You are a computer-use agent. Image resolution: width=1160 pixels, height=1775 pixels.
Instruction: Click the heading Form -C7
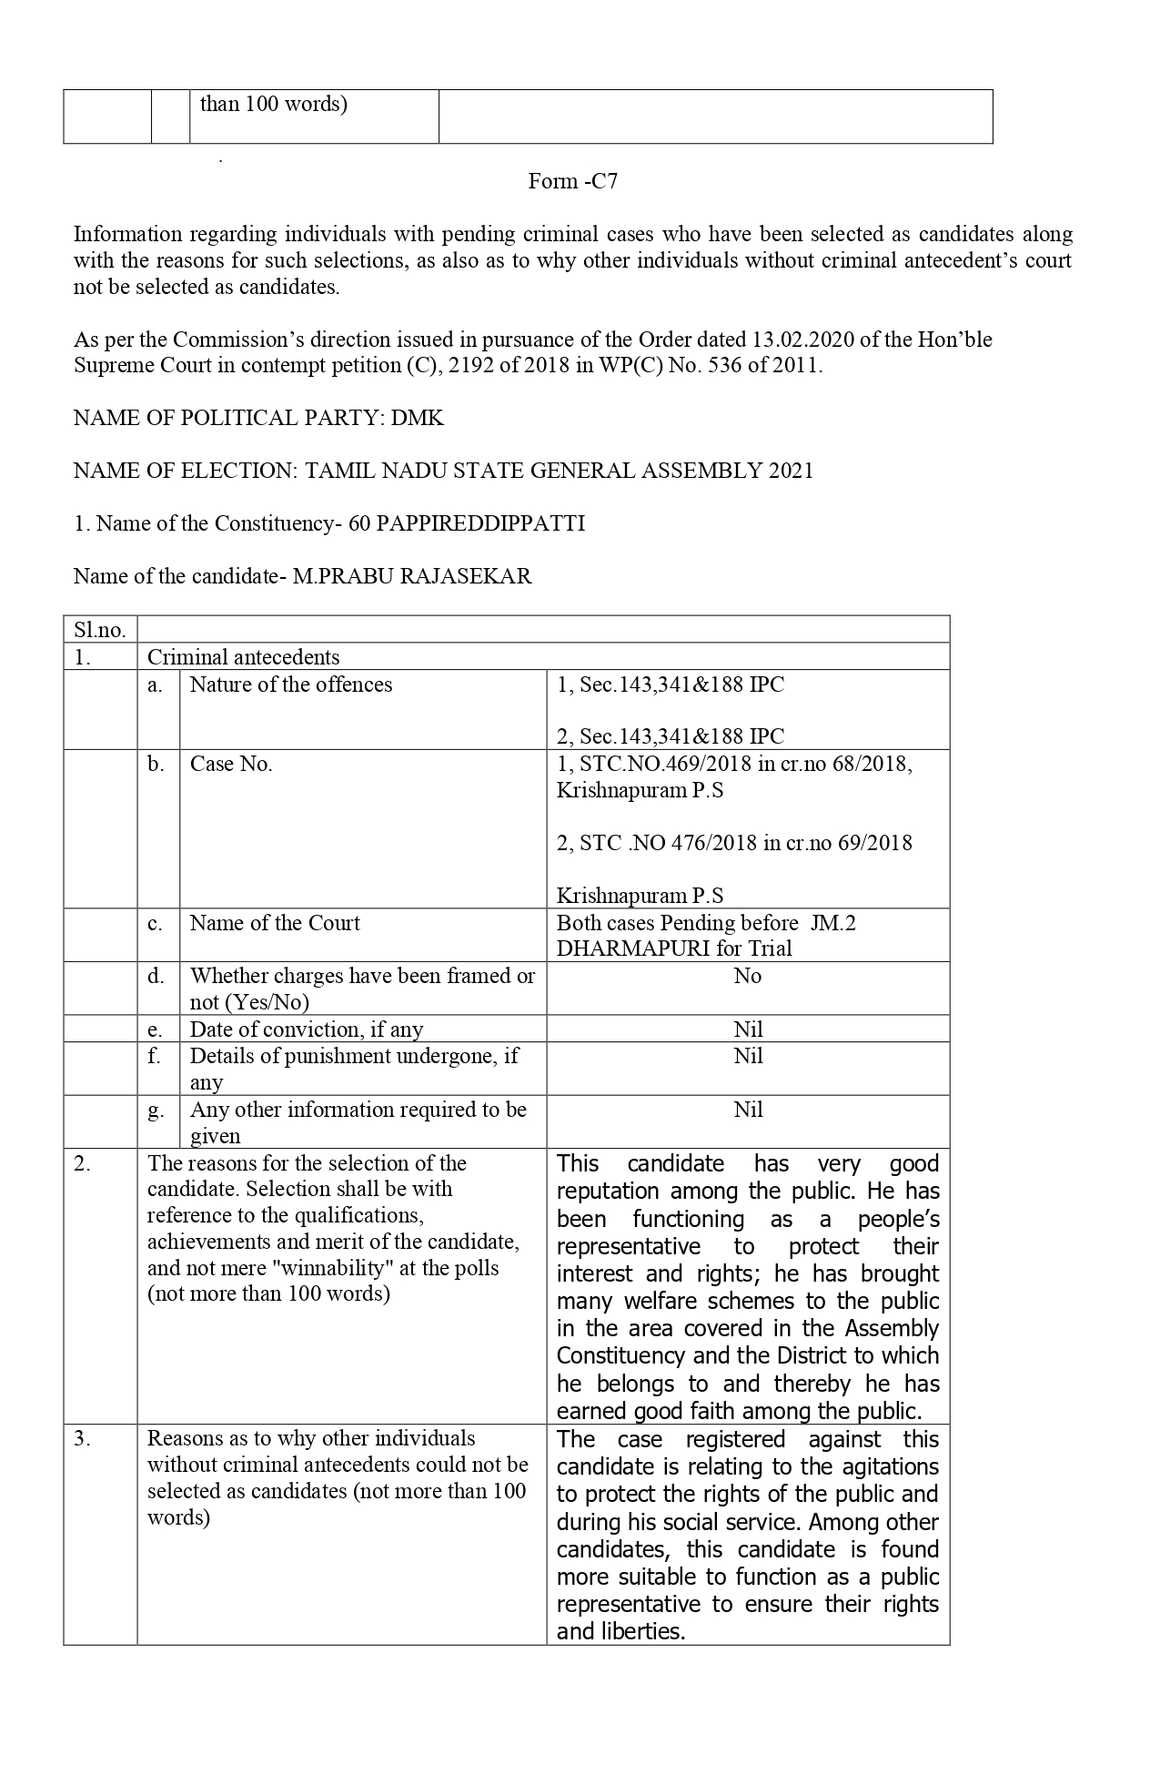point(572,181)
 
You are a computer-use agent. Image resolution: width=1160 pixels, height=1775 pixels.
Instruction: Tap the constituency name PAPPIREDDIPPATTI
point(480,523)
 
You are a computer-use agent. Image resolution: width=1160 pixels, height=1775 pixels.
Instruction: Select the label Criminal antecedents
point(243,657)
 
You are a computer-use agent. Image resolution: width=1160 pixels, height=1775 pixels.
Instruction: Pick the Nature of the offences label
point(291,685)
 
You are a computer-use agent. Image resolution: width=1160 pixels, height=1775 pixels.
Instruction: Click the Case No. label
point(231,764)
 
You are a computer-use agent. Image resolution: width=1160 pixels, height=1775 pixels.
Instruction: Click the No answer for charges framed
point(747,976)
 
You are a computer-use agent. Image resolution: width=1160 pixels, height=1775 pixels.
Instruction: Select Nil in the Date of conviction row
point(748,1029)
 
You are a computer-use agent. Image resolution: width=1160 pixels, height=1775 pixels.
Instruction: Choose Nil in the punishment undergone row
point(748,1056)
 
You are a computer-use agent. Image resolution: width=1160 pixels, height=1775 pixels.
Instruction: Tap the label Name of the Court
point(275,923)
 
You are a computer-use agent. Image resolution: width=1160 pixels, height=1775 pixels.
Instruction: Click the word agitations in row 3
point(890,1466)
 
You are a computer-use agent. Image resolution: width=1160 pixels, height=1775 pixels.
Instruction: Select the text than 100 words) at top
point(273,104)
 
